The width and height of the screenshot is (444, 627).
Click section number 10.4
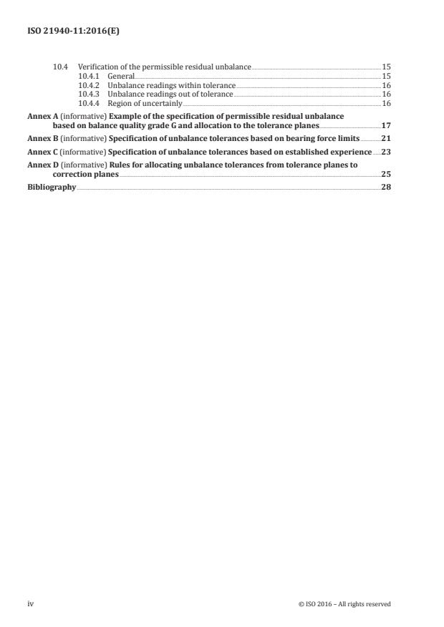point(61,67)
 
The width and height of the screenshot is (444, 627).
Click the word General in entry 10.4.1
point(121,76)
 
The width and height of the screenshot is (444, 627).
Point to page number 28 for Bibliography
point(386,189)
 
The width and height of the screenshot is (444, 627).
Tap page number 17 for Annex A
point(386,125)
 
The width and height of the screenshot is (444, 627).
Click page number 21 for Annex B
point(386,137)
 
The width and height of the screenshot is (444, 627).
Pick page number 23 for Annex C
point(386,152)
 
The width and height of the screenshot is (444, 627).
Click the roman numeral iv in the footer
point(30,604)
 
